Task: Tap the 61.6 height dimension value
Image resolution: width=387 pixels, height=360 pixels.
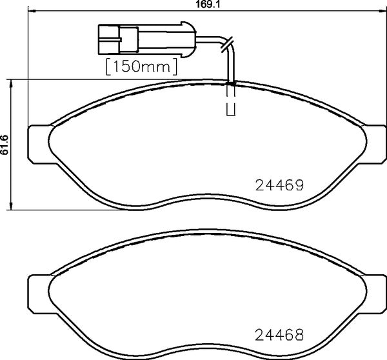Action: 5,145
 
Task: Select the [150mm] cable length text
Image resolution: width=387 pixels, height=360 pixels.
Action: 141,66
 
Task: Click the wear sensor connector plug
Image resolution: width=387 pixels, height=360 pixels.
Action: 144,39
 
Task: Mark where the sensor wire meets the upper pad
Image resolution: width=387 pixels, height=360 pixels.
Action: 231,83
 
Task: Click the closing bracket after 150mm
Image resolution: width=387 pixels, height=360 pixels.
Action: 175,66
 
